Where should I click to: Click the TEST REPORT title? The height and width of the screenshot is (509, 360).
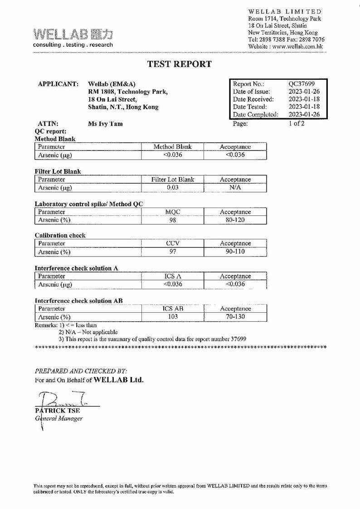(180, 64)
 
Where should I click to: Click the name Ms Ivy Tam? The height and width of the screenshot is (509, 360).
(105, 124)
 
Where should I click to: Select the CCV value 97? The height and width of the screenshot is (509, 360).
(173, 252)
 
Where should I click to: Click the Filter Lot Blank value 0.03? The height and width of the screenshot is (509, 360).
(173, 187)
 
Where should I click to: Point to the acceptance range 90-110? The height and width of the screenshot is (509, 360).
(235, 252)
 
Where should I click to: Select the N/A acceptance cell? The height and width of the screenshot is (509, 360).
(235, 187)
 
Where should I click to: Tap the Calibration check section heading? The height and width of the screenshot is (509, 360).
(60, 236)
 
